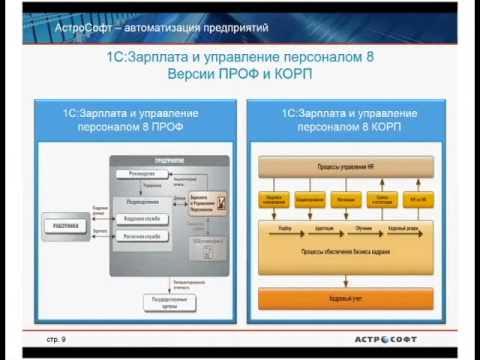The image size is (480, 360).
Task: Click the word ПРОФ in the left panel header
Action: point(177,129)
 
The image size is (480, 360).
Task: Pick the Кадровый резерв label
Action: point(404,227)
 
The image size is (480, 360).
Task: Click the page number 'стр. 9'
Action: point(56,339)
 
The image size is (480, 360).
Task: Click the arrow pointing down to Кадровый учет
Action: point(345,280)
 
